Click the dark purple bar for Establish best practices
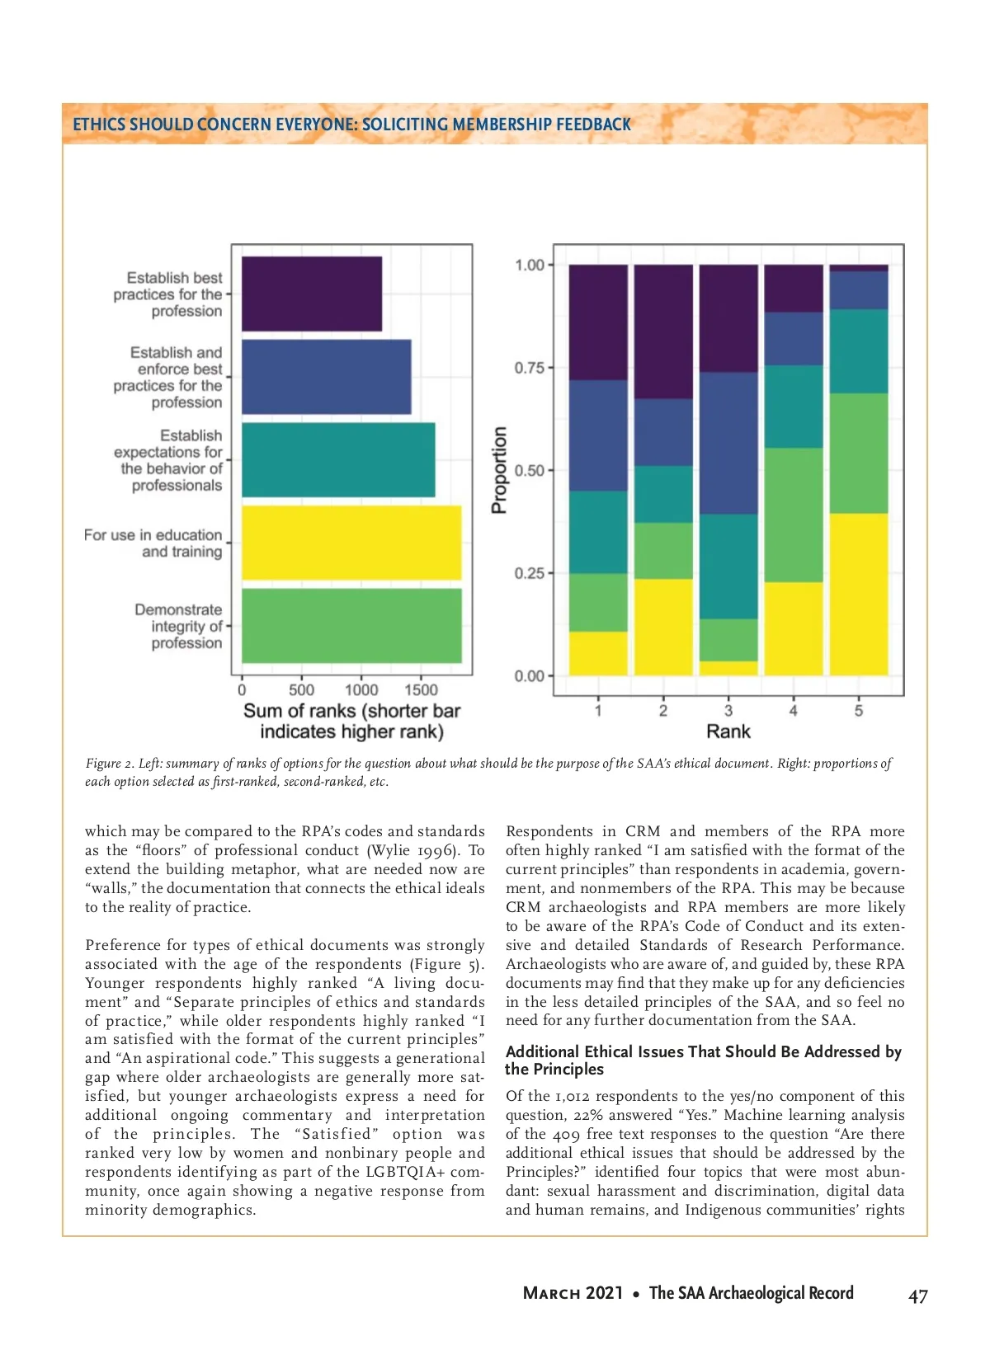click(311, 294)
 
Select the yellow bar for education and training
click(351, 543)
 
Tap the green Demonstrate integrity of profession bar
click(351, 625)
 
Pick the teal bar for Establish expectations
click(337, 459)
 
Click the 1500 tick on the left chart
click(421, 690)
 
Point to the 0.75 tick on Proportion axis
click(530, 368)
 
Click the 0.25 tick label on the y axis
click(530, 573)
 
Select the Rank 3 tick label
click(728, 710)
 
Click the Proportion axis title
click(499, 470)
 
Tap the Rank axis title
click(728, 731)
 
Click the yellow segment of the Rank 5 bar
click(858, 594)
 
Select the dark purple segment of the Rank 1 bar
click(598, 322)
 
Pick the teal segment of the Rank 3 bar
click(728, 566)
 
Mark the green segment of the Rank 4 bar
click(793, 515)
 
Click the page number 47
click(917, 1296)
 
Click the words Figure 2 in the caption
click(107, 764)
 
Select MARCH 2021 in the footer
click(573, 1293)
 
